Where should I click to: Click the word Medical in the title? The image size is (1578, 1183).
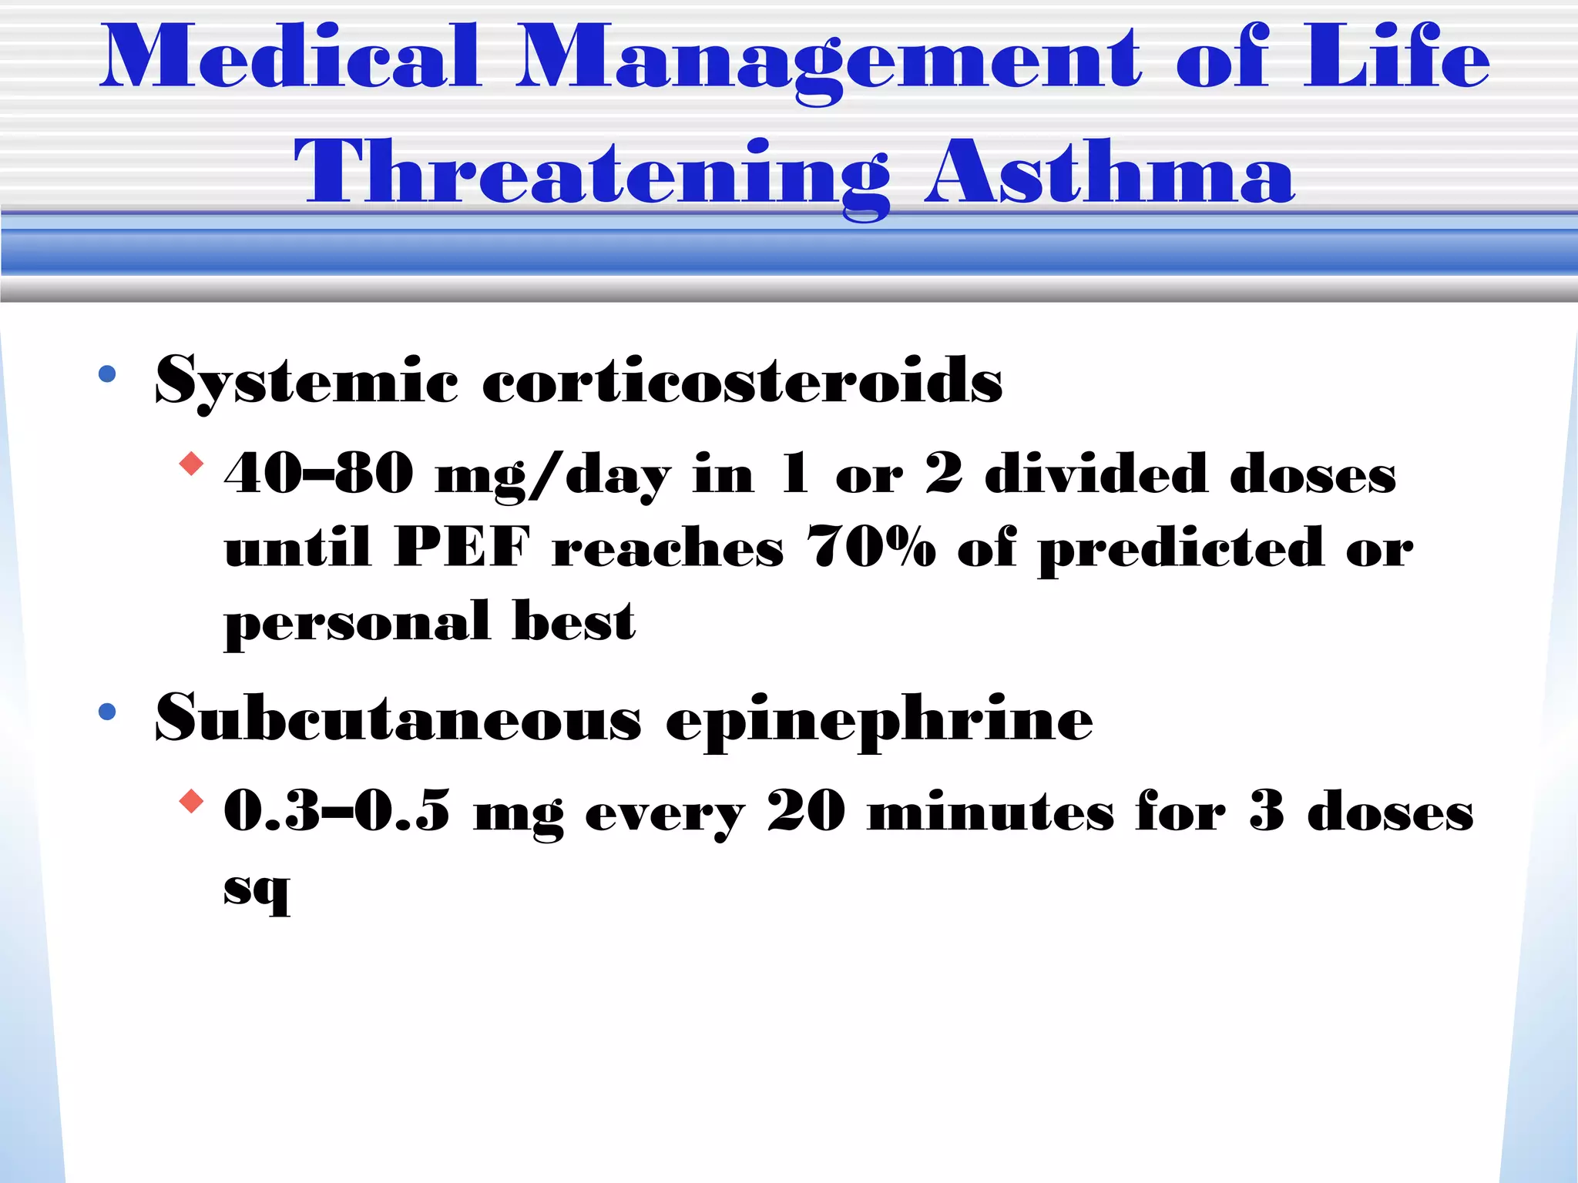click(291, 57)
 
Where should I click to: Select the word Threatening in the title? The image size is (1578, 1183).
click(591, 174)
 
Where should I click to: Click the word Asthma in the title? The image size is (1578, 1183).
click(1110, 173)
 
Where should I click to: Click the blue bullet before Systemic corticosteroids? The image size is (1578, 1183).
click(107, 375)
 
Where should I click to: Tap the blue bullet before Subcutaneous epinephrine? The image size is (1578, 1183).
click(107, 712)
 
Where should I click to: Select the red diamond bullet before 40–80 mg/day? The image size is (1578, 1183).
click(191, 464)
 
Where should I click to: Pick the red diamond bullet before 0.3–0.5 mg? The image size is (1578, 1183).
click(191, 802)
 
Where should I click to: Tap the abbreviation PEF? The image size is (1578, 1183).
click(462, 547)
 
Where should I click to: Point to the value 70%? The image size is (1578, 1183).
click(871, 547)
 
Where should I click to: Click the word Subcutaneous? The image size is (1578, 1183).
click(398, 718)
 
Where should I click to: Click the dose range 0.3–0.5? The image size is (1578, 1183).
click(337, 811)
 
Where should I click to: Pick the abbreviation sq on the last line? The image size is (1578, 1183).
click(257, 890)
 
